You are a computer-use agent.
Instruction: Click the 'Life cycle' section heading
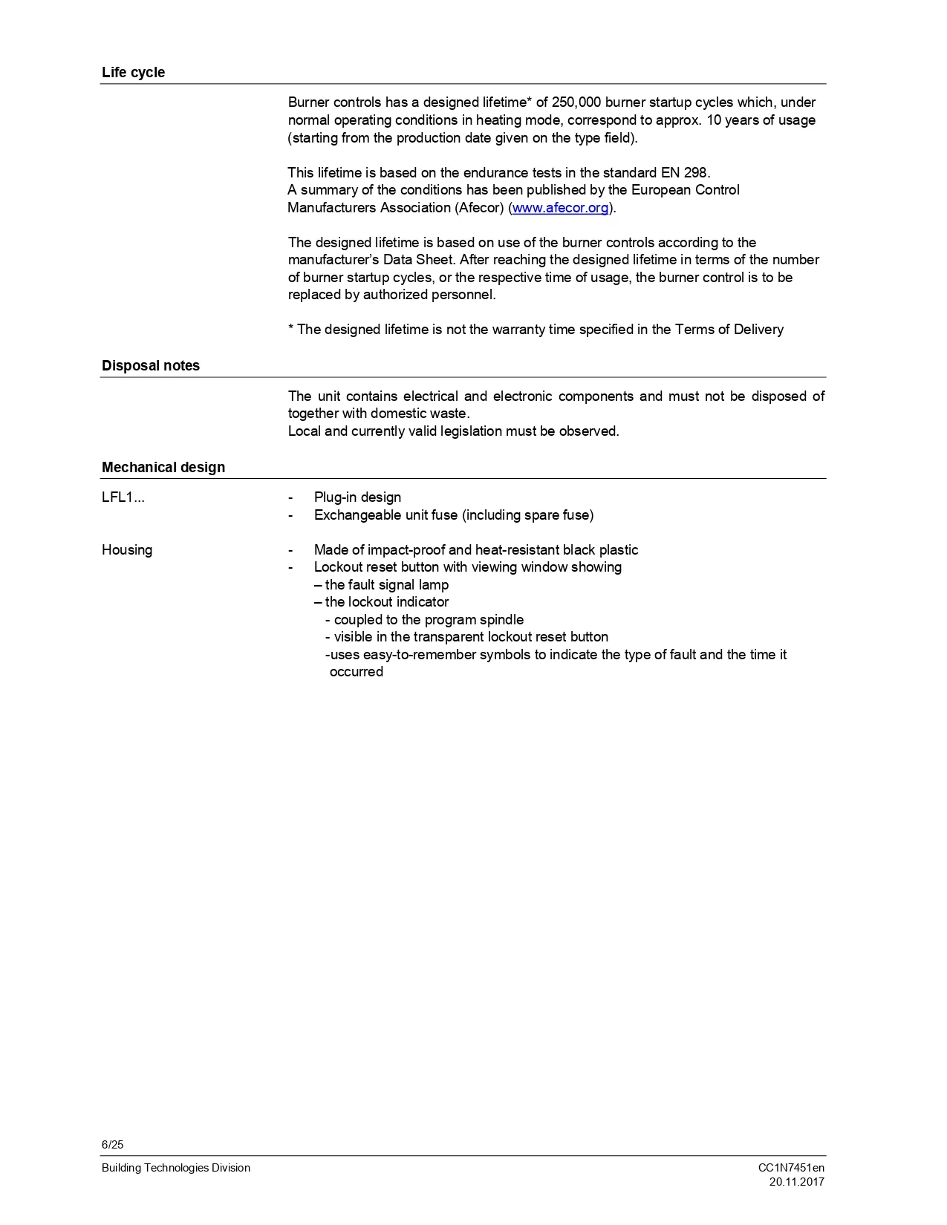click(133, 73)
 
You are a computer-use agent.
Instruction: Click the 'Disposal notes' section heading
click(151, 366)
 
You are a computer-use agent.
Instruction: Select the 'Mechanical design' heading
click(163, 468)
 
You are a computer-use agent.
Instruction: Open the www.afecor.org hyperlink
click(560, 208)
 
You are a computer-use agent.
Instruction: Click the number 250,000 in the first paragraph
click(576, 102)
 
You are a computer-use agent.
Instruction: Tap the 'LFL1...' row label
click(123, 497)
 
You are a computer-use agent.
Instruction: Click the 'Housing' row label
click(127, 550)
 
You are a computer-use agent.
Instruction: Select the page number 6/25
click(113, 1145)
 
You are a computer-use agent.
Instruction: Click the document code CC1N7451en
click(791, 1168)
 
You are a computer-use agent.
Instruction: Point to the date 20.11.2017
click(797, 1182)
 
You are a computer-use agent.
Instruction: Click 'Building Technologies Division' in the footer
click(176, 1168)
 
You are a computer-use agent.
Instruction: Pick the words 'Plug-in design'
click(357, 497)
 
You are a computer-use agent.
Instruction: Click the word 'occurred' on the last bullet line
click(357, 672)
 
